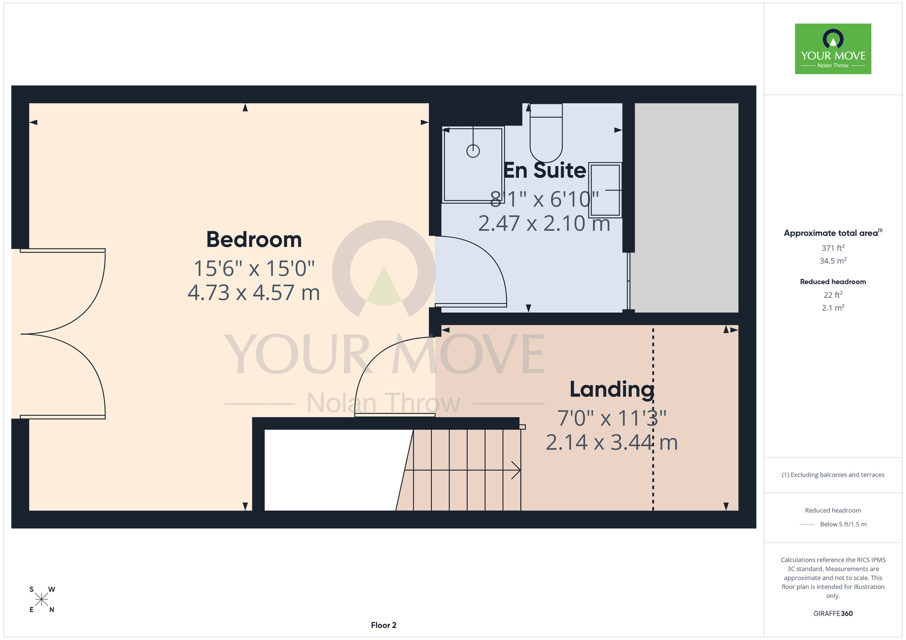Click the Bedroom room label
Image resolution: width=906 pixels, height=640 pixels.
click(x=254, y=239)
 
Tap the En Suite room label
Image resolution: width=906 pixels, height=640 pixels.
click(x=545, y=170)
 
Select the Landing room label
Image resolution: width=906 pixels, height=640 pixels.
click(x=612, y=390)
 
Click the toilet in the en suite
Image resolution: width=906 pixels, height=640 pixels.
click(x=546, y=133)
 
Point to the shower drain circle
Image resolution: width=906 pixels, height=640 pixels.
click(x=473, y=151)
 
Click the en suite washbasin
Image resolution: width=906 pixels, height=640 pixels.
click(x=605, y=190)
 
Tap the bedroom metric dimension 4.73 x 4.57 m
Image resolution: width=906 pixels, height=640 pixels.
click(x=254, y=293)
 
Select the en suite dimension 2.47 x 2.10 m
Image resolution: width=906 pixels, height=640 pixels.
click(x=544, y=224)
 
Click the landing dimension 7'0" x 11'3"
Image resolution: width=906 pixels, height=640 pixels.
click(x=612, y=418)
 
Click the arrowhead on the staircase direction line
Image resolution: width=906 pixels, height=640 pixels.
click(x=516, y=470)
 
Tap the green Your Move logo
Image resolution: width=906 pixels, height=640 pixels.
click(x=833, y=49)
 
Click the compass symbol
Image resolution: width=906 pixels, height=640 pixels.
click(x=42, y=600)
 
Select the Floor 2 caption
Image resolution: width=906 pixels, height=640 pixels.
click(x=384, y=625)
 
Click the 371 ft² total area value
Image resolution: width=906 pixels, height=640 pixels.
click(x=833, y=248)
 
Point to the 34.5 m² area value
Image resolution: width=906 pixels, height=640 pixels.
click(x=833, y=261)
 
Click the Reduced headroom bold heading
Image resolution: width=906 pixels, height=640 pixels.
click(x=833, y=282)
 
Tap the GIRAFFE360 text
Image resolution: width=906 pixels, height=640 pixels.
click(x=833, y=614)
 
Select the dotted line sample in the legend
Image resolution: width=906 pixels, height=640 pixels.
click(x=807, y=525)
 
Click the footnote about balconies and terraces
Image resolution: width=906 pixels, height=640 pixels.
click(x=833, y=475)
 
